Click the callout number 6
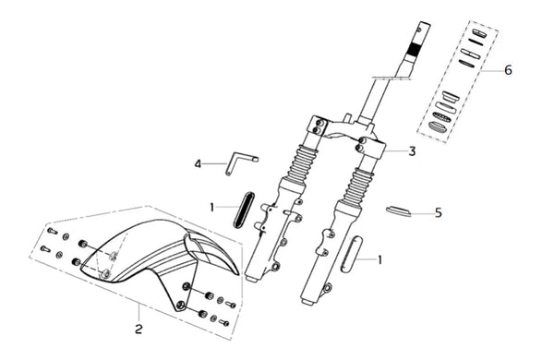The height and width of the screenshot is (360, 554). tap(508, 70)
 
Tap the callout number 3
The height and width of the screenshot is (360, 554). tap(412, 151)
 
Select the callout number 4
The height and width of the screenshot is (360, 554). tap(198, 164)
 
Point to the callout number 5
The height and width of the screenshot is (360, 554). tap(438, 212)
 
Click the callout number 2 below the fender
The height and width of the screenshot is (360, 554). tap(138, 330)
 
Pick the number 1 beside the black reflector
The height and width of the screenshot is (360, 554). tap(211, 208)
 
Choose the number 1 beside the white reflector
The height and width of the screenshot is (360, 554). tap(379, 260)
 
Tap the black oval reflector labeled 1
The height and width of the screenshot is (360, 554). tap(244, 210)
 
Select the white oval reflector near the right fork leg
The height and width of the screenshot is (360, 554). tap(351, 255)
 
